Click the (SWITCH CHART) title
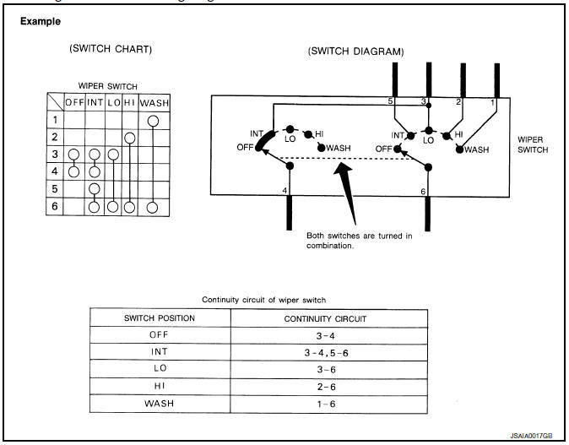pos(110,49)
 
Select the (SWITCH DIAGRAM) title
pos(355,51)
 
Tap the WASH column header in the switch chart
pos(154,103)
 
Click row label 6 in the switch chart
pos(54,206)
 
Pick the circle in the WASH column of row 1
pos(153,120)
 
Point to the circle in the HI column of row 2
pos(129,138)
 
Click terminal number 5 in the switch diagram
pos(391,101)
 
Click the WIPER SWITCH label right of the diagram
pos(533,144)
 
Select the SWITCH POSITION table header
pos(160,318)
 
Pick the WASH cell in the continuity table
pos(160,403)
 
